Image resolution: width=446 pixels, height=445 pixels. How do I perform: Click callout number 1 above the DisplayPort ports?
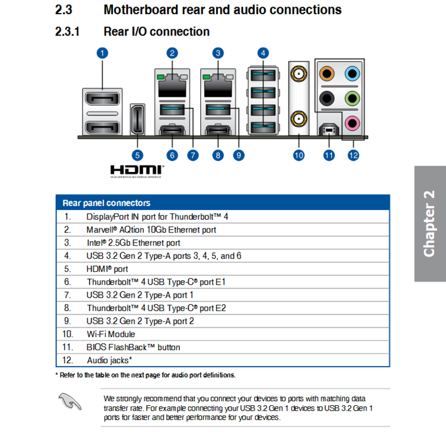coord(102,53)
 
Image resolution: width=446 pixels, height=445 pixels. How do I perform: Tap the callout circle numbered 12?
coord(353,155)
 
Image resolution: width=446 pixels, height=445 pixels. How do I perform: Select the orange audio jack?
coord(327,74)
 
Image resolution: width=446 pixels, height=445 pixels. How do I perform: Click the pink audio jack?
coord(352,123)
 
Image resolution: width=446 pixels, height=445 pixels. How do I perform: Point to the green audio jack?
coord(352,98)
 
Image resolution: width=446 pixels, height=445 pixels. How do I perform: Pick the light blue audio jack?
coord(352,74)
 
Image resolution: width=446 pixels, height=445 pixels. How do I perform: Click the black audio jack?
coord(327,98)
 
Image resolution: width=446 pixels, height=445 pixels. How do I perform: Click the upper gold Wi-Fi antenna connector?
coord(299,74)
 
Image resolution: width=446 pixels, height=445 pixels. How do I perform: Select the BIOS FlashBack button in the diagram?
coord(329,130)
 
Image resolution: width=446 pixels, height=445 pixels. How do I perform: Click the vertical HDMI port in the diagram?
coord(137,119)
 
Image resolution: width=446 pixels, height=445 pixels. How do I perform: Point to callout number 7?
coord(193,155)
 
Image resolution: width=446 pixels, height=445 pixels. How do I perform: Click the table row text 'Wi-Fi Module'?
coord(110,334)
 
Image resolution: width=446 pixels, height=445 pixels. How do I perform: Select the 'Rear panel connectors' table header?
coord(106,203)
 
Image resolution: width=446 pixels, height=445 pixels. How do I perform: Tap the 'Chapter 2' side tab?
coord(430,224)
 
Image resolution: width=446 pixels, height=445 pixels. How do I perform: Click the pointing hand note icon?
coord(70,401)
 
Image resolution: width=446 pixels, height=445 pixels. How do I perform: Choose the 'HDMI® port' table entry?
coord(107,269)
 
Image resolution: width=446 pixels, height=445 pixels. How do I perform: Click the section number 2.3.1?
coord(68,31)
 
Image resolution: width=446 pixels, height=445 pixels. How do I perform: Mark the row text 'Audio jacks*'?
coord(109,360)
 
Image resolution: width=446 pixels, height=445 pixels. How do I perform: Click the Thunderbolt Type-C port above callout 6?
coord(172,131)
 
